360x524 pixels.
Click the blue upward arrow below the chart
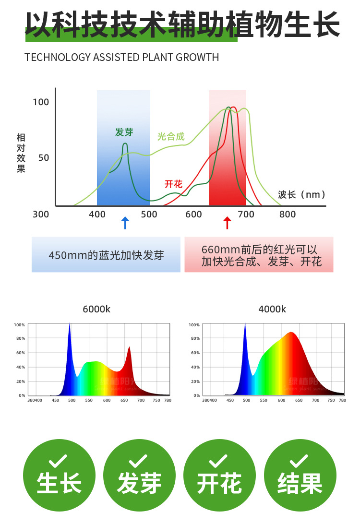[125, 223]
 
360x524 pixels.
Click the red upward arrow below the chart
[228, 223]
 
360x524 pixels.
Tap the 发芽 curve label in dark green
[124, 132]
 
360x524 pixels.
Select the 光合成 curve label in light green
[171, 137]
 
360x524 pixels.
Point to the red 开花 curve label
[173, 184]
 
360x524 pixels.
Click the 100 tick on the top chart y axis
[41, 102]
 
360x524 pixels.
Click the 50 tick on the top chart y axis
[44, 157]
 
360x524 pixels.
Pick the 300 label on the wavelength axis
[41, 214]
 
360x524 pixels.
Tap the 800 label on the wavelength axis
[288, 214]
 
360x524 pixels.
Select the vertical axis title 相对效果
[21, 153]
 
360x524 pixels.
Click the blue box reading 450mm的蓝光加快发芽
[106, 255]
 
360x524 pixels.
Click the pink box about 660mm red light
[259, 255]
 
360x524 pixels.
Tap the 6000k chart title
[96, 310]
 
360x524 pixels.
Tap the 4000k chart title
[272, 310]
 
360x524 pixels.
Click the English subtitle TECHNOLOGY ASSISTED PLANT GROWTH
[121, 58]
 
